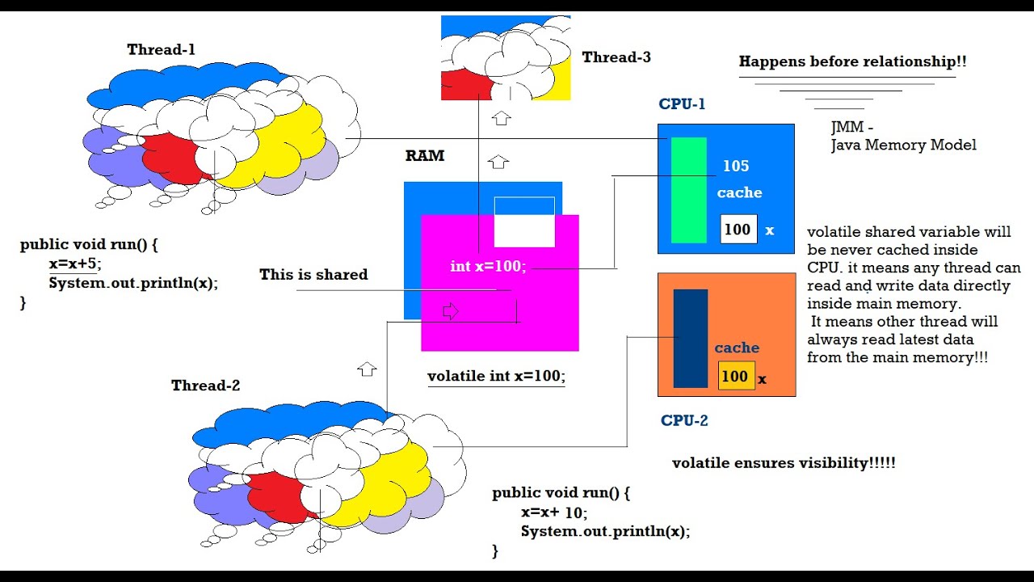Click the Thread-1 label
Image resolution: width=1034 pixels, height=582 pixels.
pos(161,50)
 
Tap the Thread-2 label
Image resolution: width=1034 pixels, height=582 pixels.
pos(205,386)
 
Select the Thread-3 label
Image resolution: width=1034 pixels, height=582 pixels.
pos(616,57)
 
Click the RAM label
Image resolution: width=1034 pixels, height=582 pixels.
pos(425,156)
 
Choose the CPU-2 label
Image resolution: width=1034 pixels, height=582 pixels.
pos(684,420)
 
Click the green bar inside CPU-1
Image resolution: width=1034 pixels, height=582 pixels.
pos(689,190)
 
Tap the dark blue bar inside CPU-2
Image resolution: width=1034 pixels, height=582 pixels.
pos(690,338)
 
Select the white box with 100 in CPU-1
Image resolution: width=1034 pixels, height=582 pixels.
pos(738,230)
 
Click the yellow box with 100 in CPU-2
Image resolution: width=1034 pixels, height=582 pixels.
pos(736,376)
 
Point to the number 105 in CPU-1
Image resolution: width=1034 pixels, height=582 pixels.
pos(736,167)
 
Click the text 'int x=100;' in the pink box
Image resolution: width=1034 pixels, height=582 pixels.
pos(488,266)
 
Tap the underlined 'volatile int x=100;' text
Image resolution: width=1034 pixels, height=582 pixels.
pos(496,377)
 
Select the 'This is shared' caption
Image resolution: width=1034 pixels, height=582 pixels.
pos(313,275)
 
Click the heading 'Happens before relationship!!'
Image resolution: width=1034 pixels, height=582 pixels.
pos(852,61)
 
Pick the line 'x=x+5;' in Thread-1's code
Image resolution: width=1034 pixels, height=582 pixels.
pos(75,264)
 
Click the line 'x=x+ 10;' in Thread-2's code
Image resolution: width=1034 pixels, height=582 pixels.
pos(554,512)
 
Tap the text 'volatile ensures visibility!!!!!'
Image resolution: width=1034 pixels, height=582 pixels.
pos(784,463)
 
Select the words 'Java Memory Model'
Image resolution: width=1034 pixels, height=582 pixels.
pos(903,145)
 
